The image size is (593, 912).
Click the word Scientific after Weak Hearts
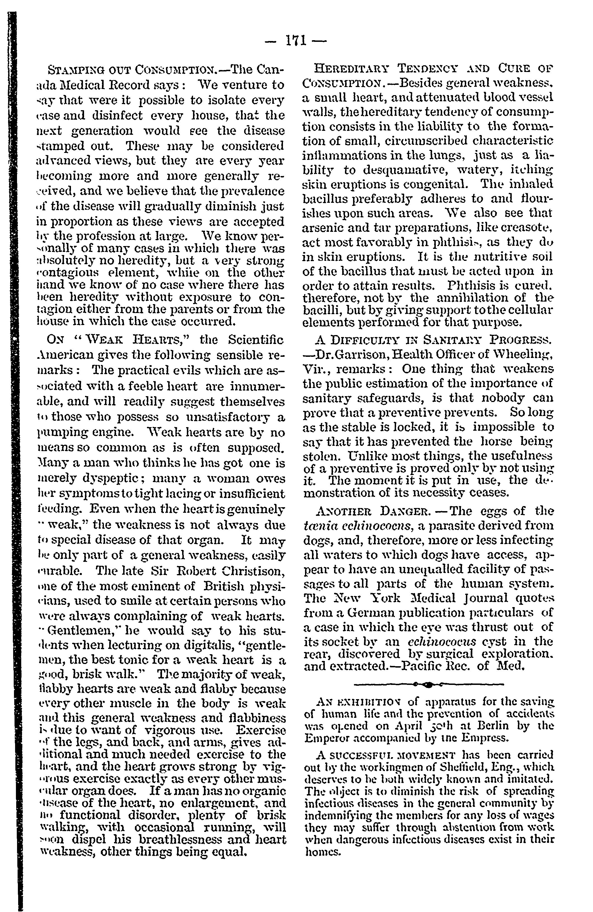click(x=256, y=340)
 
